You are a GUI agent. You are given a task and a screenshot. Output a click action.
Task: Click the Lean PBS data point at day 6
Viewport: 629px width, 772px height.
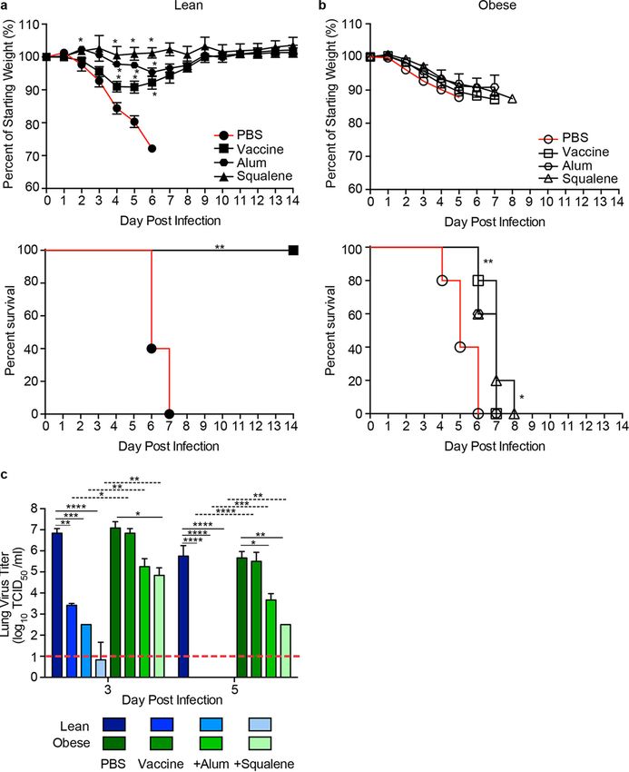point(152,148)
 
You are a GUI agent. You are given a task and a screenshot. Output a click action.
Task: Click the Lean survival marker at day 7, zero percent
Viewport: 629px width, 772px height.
point(169,413)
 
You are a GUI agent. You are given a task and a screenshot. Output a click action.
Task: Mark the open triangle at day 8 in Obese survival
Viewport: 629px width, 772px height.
point(514,413)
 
